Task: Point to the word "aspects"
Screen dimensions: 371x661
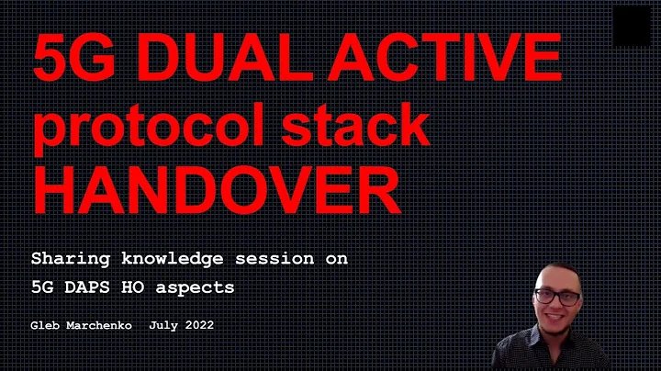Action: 199,287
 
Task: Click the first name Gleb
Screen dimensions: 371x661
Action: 44,326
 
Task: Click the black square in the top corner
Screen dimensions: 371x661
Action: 632,25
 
